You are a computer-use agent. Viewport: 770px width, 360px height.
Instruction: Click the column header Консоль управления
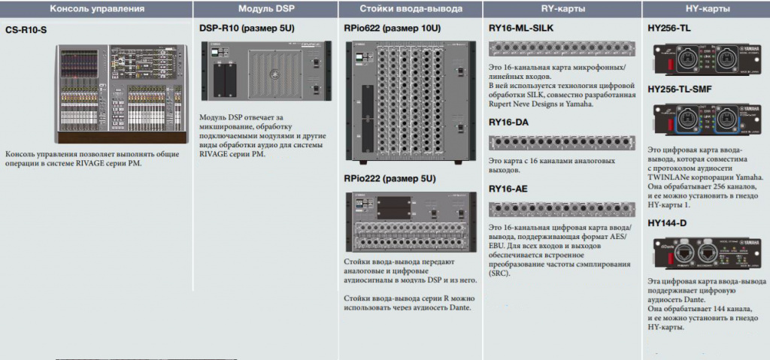click(95, 9)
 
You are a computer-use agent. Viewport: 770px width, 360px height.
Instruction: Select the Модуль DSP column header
click(265, 9)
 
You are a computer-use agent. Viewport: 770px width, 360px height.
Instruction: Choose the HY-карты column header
click(705, 9)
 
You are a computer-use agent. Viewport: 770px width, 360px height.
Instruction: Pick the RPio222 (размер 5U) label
click(389, 179)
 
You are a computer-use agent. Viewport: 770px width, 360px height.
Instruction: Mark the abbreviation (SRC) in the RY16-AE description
click(499, 274)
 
